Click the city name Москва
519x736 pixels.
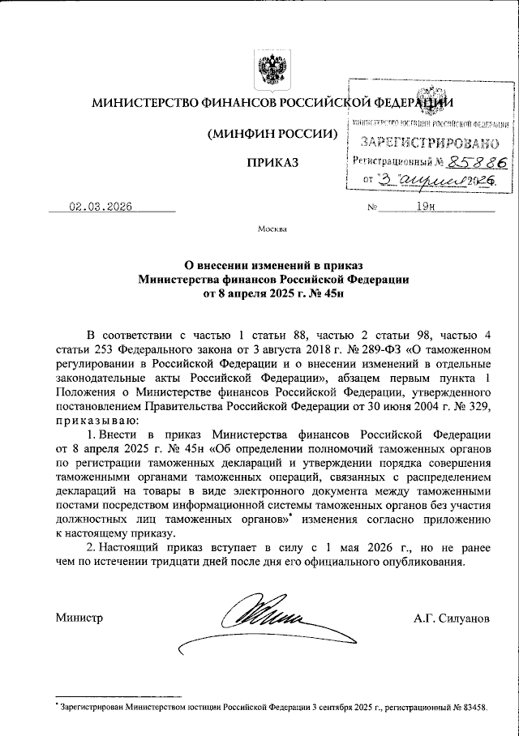(x=272, y=229)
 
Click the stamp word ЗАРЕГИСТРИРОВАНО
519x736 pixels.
(x=430, y=143)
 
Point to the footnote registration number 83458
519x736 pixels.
(x=471, y=708)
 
